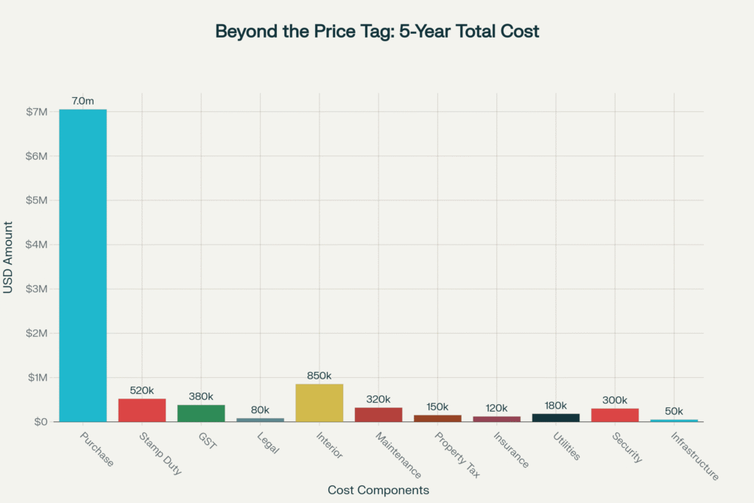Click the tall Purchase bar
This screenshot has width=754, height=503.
(83, 265)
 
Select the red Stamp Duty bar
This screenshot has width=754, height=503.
(142, 410)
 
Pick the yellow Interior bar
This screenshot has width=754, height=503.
(319, 403)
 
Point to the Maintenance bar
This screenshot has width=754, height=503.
(378, 415)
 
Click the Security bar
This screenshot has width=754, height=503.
(615, 415)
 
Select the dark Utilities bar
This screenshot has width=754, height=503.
(556, 418)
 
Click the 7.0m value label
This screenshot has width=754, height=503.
(82, 99)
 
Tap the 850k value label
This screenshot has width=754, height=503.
(320, 375)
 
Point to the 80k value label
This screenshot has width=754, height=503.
(260, 409)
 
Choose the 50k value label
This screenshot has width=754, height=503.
(674, 411)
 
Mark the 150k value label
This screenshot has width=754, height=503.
(437, 407)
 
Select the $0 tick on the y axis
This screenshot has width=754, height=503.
(40, 422)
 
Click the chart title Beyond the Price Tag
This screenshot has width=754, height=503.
(377, 32)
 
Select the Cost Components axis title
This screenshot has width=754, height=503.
(378, 490)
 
